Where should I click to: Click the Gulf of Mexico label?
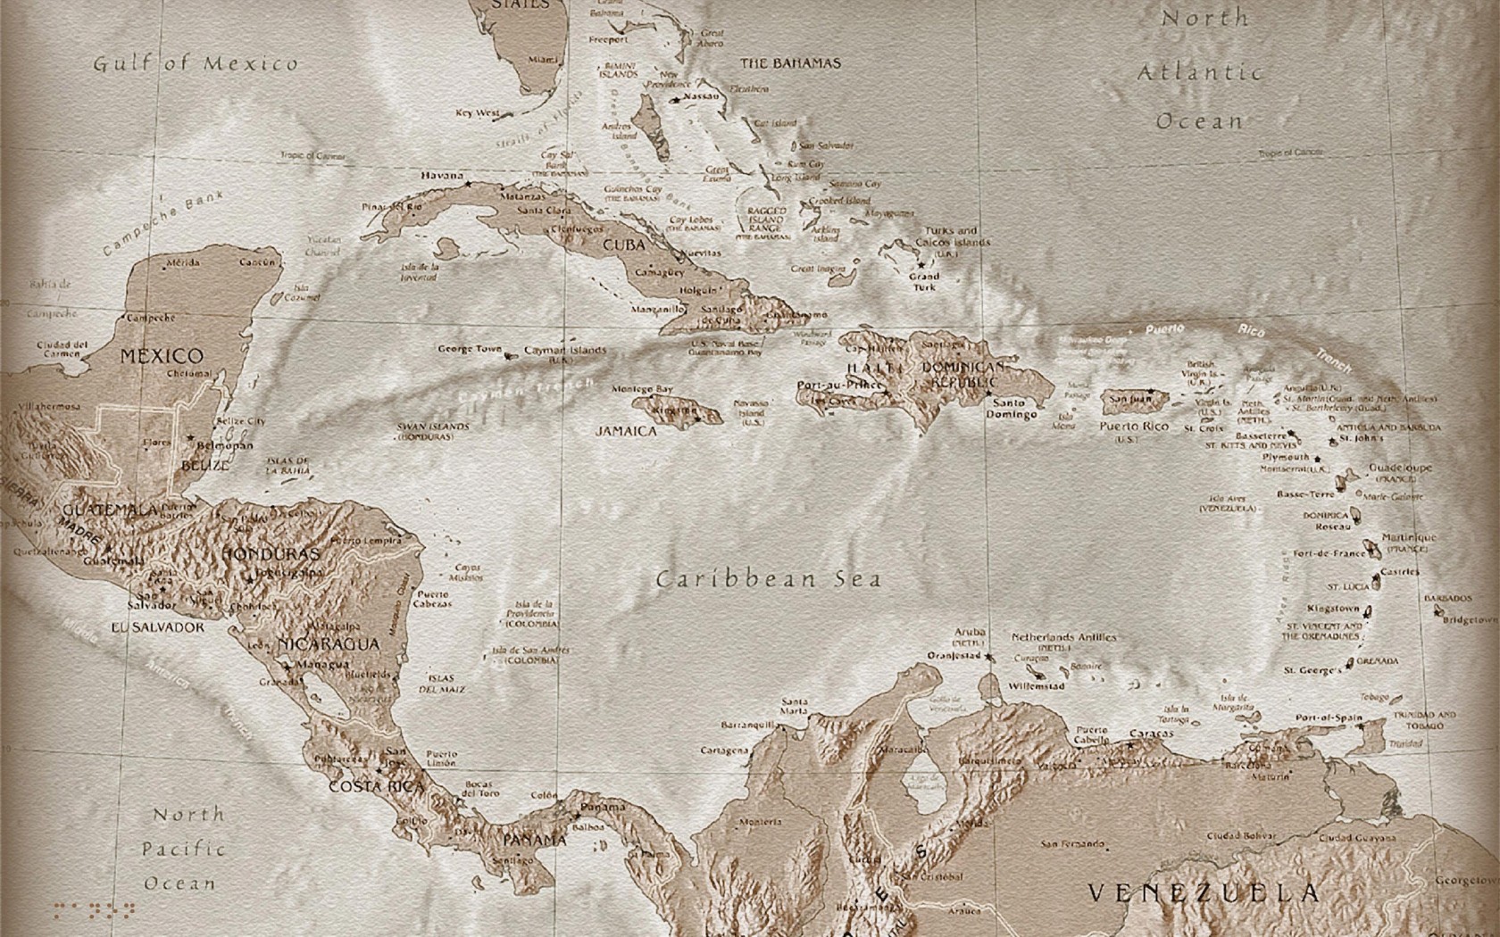196,63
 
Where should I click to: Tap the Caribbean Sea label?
769,579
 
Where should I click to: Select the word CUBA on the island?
624,245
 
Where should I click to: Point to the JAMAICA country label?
626,431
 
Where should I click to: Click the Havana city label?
442,176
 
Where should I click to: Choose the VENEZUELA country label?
1204,892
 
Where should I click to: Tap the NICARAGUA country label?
329,644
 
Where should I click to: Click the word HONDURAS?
270,554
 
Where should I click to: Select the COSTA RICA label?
376,787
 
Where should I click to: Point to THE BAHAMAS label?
790,63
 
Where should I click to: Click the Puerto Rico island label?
1133,427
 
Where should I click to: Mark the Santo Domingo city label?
1012,409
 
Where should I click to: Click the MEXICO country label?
162,355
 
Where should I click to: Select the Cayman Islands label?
565,351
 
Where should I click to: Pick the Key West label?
478,113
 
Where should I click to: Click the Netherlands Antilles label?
1063,637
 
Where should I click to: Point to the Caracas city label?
1151,734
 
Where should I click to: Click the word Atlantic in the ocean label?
1200,73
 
